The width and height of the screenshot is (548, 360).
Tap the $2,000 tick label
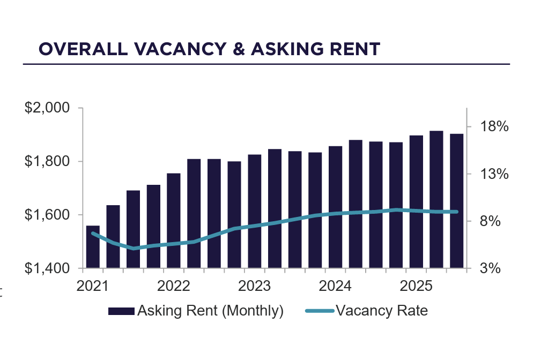[47, 108]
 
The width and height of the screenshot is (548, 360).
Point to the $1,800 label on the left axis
[47, 161]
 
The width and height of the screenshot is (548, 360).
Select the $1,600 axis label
[47, 215]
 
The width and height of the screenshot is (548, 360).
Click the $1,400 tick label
[47, 268]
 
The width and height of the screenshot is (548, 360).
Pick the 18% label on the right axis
[494, 127]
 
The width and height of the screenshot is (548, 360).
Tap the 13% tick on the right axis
[494, 174]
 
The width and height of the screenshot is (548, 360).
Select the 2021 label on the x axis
[93, 286]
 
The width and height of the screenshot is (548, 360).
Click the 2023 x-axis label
[255, 286]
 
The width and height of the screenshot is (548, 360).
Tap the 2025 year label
[416, 286]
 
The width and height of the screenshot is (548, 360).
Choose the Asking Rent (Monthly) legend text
[210, 311]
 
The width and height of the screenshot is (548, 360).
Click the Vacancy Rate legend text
[381, 311]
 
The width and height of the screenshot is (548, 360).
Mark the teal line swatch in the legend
[320, 311]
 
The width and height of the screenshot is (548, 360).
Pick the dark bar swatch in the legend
[121, 311]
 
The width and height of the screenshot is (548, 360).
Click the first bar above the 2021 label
[93, 247]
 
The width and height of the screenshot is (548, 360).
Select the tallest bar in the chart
[436, 199]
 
